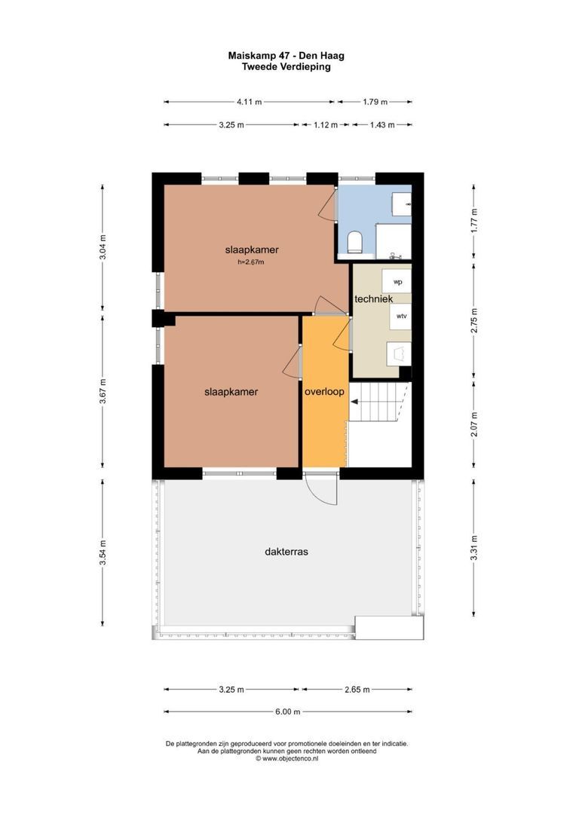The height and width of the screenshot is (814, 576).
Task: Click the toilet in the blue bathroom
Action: tap(355, 243)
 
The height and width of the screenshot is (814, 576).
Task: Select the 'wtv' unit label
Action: tap(402, 316)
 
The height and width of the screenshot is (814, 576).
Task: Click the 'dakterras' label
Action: tap(286, 551)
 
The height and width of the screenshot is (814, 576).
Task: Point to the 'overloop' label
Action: tap(324, 391)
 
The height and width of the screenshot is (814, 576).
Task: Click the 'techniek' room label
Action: tap(373, 298)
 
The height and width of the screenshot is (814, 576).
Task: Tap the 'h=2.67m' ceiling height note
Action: tap(251, 262)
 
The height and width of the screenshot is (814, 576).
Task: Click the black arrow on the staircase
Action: tap(355, 401)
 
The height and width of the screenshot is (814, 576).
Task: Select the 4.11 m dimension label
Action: tap(250, 102)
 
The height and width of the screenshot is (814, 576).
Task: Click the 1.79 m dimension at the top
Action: tap(375, 102)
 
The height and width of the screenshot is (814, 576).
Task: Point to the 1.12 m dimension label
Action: tap(326, 124)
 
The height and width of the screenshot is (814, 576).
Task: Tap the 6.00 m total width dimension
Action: tap(288, 711)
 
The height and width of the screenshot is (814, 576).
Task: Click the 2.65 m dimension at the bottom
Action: tap(357, 690)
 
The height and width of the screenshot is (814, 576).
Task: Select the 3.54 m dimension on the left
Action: tap(103, 552)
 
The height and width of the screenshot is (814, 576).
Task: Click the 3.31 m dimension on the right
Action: tap(473, 548)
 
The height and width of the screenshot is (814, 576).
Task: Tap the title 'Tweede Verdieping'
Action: tap(286, 66)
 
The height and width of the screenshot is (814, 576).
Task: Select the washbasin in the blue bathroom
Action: tap(402, 204)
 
